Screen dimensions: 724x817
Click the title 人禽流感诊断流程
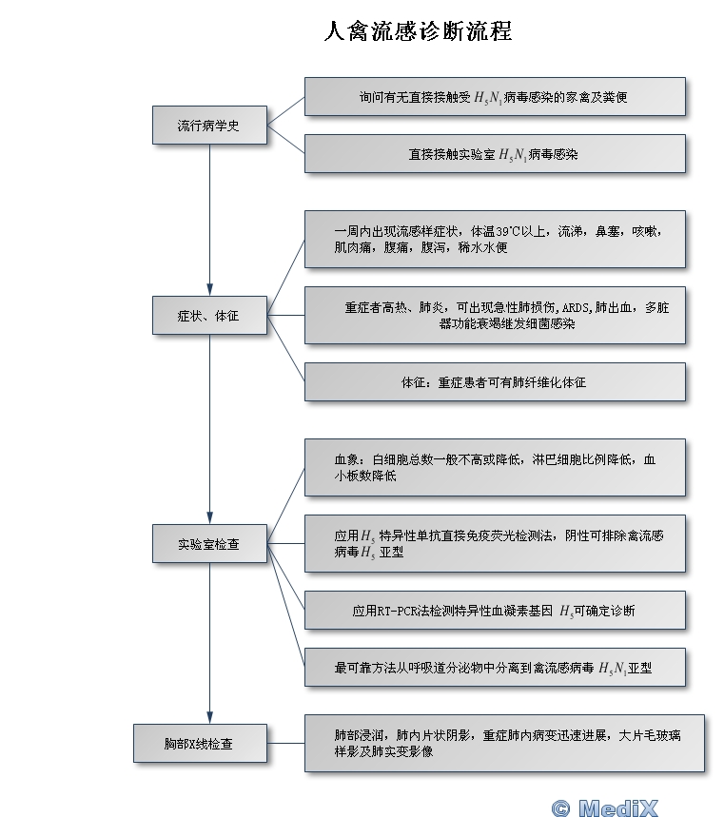pos(418,30)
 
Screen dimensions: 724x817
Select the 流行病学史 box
pos(209,125)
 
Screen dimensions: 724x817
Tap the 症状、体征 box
pos(209,315)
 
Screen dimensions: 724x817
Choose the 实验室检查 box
pos(209,543)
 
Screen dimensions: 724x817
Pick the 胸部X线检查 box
pos(200,744)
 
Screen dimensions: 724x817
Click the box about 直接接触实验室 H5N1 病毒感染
pos(495,154)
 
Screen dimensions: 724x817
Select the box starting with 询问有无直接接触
pos(495,96)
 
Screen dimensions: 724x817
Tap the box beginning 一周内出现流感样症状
pos(495,239)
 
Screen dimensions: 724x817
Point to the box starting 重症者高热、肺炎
pos(495,315)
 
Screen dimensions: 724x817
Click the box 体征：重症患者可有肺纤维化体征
pos(495,382)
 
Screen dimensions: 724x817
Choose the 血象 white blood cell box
pos(495,467)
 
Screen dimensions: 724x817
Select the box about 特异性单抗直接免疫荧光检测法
pos(495,543)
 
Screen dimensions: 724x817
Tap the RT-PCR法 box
pos(495,611)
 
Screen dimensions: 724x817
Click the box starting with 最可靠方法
pos(495,668)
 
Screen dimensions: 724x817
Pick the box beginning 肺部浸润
pos(504,743)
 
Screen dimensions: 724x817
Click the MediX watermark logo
pos(605,807)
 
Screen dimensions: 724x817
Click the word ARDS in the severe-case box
pos(576,307)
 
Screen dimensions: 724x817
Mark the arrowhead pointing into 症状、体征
pos(209,290)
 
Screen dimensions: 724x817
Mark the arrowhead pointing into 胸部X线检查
pos(209,717)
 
